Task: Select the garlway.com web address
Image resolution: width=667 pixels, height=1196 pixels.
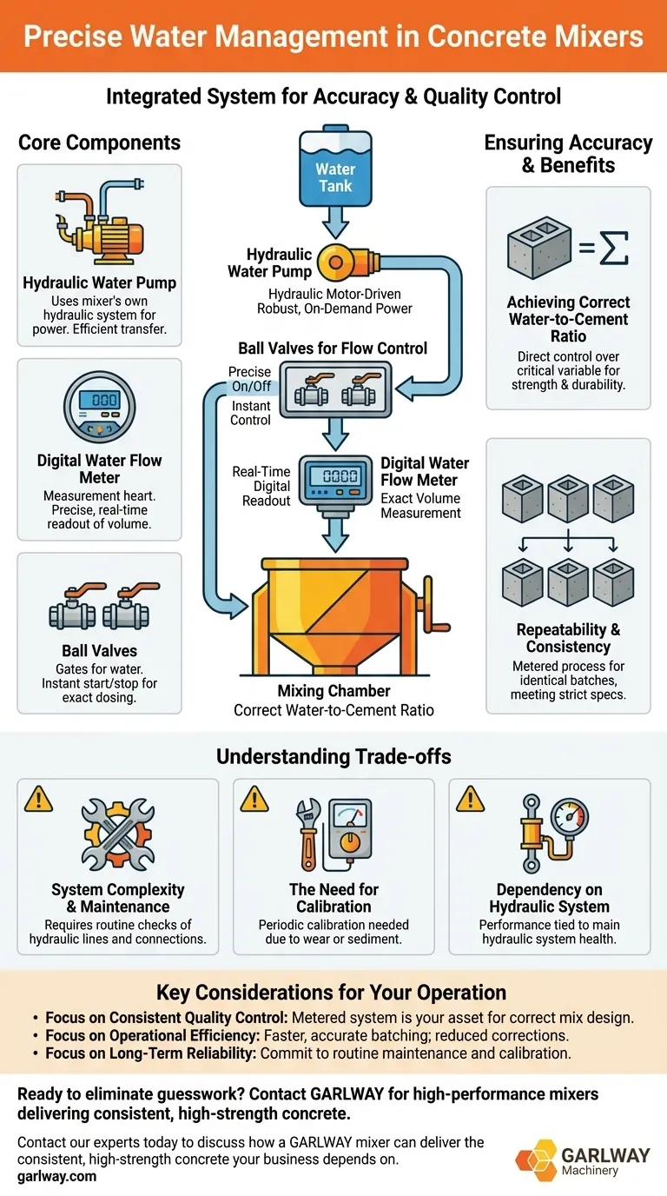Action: pyautogui.click(x=57, y=1176)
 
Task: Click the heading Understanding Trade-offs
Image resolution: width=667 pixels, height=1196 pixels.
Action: pyautogui.click(x=333, y=756)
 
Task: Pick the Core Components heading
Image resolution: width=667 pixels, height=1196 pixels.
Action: pyautogui.click(x=100, y=143)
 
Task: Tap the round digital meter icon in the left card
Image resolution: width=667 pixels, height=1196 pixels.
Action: pyautogui.click(x=99, y=406)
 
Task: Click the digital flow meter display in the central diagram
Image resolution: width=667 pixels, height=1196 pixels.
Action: pyautogui.click(x=334, y=476)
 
